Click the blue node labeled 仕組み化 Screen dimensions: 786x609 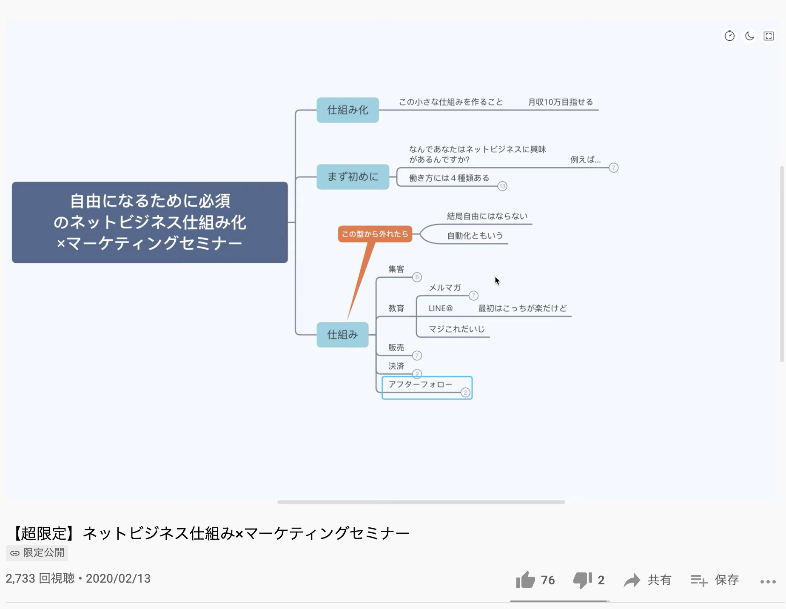click(347, 110)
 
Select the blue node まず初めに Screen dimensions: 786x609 click(353, 177)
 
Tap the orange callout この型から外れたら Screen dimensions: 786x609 click(375, 234)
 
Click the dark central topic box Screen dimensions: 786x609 click(150, 222)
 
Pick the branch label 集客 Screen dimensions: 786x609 click(396, 269)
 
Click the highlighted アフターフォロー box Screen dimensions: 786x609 click(427, 387)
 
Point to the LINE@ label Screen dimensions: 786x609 click(441, 308)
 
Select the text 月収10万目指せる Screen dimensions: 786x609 click(561, 102)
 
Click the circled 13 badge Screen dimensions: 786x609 click(502, 186)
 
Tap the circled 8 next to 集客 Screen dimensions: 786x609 click(417, 277)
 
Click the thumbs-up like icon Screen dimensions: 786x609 click(526, 580)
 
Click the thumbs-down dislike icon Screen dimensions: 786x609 click(583, 580)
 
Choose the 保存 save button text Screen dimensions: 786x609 click(726, 580)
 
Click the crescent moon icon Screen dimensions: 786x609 click(749, 36)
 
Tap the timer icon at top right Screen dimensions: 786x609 click(729, 36)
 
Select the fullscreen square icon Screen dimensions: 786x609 click(769, 36)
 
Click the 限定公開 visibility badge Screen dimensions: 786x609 click(37, 553)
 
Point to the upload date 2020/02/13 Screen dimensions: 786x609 click(118, 579)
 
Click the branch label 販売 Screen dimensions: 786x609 click(396, 348)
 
